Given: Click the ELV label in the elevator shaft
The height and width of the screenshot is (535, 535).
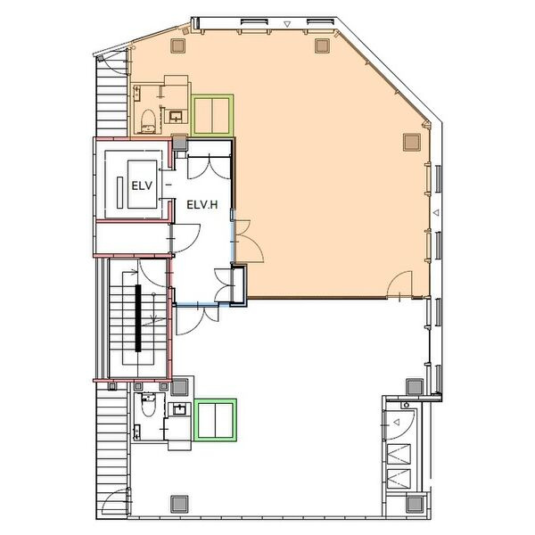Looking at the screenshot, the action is [142, 186].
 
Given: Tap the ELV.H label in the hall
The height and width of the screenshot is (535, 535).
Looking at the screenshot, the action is [202, 205].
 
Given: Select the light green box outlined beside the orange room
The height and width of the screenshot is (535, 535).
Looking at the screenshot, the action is [212, 116].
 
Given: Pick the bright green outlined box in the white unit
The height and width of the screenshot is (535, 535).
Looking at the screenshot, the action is [215, 420].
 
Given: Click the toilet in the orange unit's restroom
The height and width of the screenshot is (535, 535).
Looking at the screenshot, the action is [148, 120].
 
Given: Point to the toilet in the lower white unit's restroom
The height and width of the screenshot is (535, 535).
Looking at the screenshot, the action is [148, 405].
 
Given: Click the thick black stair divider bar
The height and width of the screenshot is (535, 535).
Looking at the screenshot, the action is [138, 318].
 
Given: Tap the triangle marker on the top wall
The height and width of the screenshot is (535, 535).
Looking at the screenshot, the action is [287, 24].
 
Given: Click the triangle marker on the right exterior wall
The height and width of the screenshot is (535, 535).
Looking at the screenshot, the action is [436, 212].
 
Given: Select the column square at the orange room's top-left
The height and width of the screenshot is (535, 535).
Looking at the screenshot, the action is [177, 45].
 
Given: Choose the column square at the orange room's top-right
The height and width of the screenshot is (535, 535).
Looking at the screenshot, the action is [322, 45].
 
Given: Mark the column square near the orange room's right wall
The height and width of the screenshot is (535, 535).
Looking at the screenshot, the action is [412, 142].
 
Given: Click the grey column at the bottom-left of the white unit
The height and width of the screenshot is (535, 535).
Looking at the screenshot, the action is [179, 504].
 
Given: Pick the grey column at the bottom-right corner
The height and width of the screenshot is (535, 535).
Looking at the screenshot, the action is [415, 504].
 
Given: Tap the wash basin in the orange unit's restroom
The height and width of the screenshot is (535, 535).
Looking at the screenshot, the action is [176, 117].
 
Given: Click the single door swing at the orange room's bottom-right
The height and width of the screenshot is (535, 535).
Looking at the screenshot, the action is [400, 284].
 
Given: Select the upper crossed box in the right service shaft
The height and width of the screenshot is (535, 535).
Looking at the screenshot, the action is [399, 454].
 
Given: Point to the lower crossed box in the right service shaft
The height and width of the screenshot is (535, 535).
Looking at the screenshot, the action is [399, 479].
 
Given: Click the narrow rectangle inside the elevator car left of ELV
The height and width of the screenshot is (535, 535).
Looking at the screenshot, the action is [119, 193].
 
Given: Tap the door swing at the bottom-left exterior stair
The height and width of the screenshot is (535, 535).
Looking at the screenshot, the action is [115, 498].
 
